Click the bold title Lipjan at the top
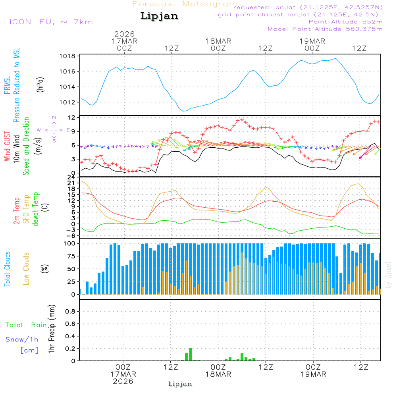(159, 16)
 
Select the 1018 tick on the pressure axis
(68, 56)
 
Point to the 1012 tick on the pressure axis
(68, 102)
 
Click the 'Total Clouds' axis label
(7, 269)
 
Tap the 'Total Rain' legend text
(26, 325)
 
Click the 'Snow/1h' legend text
(22, 339)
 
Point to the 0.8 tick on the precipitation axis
(70, 312)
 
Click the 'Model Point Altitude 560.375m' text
(325, 29)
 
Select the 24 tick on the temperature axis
(71, 177)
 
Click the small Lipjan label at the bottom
(180, 384)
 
